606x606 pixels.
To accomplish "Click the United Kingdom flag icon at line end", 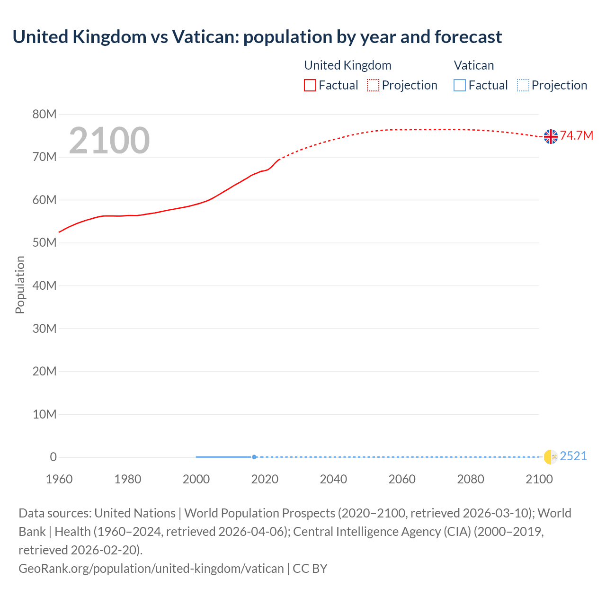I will (551, 136).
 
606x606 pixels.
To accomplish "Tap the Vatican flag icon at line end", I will (551, 457).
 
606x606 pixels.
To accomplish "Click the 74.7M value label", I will (577, 136).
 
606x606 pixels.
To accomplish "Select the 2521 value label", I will (573, 456).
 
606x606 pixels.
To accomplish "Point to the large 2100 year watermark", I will (109, 141).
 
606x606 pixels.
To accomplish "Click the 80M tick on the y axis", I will (45, 114).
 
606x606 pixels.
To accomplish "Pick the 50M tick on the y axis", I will (45, 243).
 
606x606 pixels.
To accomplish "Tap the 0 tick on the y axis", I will (53, 457).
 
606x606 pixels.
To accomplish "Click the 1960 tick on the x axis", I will (59, 479).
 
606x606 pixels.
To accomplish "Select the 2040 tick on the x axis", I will (333, 479).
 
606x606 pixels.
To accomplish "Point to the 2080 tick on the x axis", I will (471, 479).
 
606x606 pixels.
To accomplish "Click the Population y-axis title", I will (20, 285).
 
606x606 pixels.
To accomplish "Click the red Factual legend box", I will (310, 85).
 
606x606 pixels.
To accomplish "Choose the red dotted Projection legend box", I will (373, 85).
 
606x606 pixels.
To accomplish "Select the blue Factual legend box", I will (460, 85).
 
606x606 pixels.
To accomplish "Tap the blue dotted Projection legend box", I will (523, 85).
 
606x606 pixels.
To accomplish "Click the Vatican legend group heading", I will (473, 65).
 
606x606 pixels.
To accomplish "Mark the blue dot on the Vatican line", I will (254, 457).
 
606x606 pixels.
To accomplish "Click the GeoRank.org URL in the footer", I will (151, 569).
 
